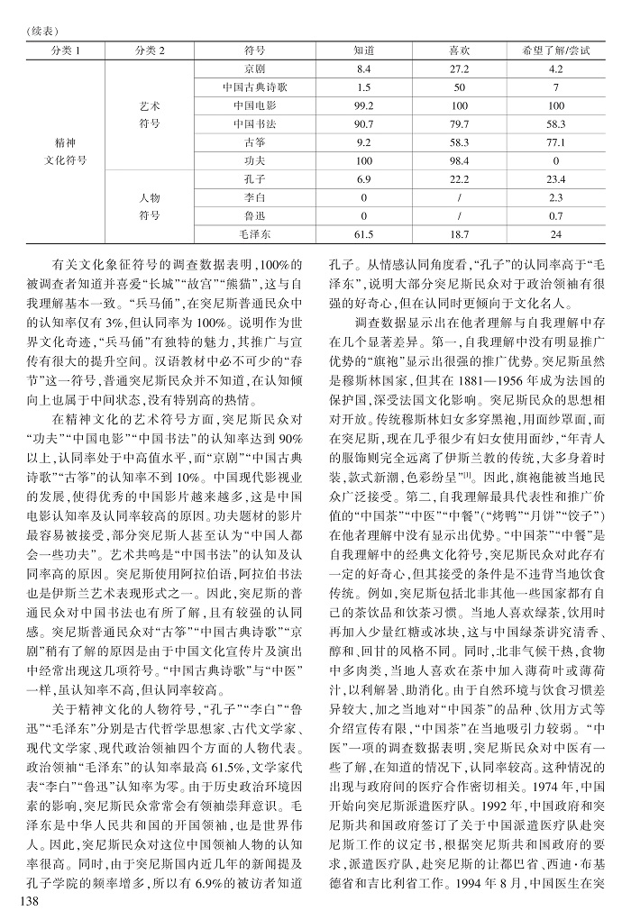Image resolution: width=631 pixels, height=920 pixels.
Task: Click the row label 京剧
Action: point(254,69)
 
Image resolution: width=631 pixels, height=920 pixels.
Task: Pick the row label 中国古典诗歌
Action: point(254,87)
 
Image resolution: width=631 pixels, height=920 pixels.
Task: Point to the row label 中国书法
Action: point(254,123)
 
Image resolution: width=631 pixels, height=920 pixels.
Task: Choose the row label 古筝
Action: point(254,142)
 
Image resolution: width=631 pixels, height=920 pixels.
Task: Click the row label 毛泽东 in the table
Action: point(254,234)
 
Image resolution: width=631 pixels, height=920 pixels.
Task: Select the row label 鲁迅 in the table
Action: point(254,216)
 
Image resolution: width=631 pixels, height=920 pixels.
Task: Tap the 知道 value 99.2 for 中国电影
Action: point(364,105)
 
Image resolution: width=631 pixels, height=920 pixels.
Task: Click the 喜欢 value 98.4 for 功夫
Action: point(459,160)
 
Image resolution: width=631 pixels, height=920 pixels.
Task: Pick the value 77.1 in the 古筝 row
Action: point(555,142)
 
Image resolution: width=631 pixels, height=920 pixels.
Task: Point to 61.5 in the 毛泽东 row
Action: point(364,234)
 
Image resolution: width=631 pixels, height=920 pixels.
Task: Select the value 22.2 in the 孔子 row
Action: point(459,179)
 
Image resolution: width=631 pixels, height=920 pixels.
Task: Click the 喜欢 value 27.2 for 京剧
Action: point(459,69)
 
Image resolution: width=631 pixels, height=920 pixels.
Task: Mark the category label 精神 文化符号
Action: point(66,151)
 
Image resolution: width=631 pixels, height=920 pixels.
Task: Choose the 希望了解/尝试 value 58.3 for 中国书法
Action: point(555,123)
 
